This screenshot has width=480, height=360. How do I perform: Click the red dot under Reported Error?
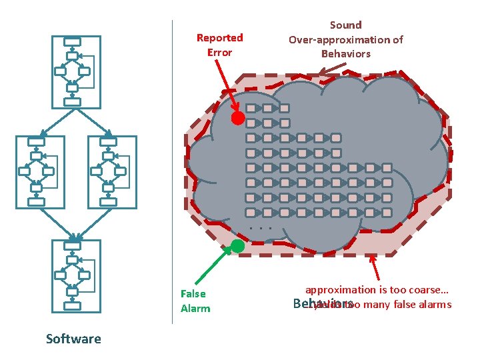coord(237,119)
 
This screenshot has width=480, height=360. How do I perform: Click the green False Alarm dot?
coord(237,245)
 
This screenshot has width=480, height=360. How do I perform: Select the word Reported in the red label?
coord(219,38)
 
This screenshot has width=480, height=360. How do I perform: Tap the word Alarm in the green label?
coord(195,308)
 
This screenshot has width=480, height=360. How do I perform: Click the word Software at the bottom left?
coord(73,339)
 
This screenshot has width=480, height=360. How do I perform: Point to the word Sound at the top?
coord(345,25)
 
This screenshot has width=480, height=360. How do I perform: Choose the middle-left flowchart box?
coord(40,171)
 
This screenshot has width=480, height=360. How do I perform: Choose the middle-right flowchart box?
coord(111,171)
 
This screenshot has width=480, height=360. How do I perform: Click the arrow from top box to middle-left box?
coord(57,122)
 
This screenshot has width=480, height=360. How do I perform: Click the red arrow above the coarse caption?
coord(375,267)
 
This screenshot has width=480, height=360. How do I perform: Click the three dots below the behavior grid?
coord(259,229)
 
